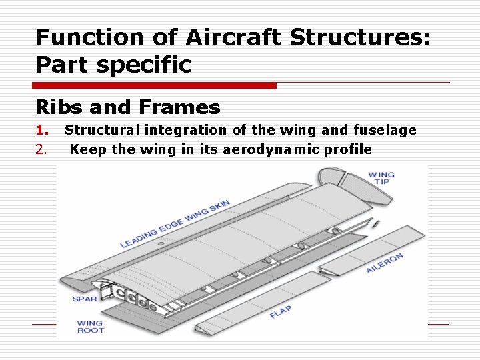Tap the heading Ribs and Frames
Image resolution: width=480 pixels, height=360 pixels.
pyautogui.click(x=127, y=107)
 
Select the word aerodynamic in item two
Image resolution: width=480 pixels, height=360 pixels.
pyautogui.click(x=269, y=149)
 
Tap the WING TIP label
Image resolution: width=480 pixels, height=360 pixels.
pyautogui.click(x=381, y=178)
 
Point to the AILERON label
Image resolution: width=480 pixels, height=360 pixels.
pyautogui.click(x=385, y=262)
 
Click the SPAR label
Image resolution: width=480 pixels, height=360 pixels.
pyautogui.click(x=85, y=299)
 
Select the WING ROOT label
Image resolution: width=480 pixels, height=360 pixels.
pyautogui.click(x=90, y=327)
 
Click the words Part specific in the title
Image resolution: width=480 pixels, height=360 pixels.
pyautogui.click(x=113, y=65)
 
